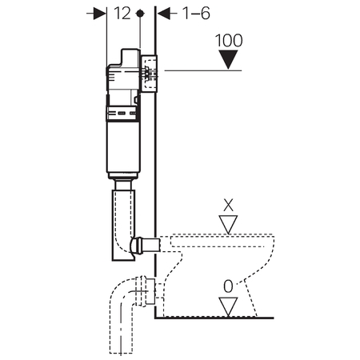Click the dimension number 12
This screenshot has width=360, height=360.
(122, 14)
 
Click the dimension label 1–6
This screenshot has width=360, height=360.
(197, 14)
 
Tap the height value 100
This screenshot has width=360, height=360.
(229, 41)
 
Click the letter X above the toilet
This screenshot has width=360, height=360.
(228, 205)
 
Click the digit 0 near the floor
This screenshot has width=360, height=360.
(228, 286)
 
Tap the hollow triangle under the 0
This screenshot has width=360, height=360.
(228, 307)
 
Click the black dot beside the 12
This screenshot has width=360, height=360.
(140, 14)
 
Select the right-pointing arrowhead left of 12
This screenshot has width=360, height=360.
(100, 14)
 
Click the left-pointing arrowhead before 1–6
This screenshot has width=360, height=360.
(164, 14)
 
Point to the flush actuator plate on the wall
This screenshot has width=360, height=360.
(149, 74)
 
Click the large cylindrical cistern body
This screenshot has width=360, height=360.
(123, 146)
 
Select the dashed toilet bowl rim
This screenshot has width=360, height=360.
(222, 241)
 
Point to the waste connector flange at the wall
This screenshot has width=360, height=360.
(150, 291)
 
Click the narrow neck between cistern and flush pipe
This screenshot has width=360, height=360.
(123, 185)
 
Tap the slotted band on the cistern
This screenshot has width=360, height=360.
(122, 114)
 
